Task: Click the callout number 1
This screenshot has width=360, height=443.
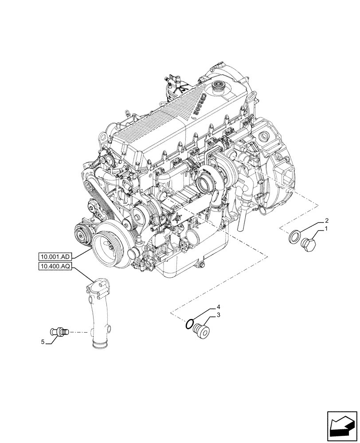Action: click(x=327, y=229)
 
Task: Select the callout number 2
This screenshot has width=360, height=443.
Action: click(x=327, y=220)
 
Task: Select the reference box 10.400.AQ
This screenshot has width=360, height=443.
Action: click(x=56, y=266)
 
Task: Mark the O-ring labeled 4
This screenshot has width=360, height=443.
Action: click(x=190, y=325)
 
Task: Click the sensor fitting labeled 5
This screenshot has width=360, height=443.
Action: click(x=59, y=330)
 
